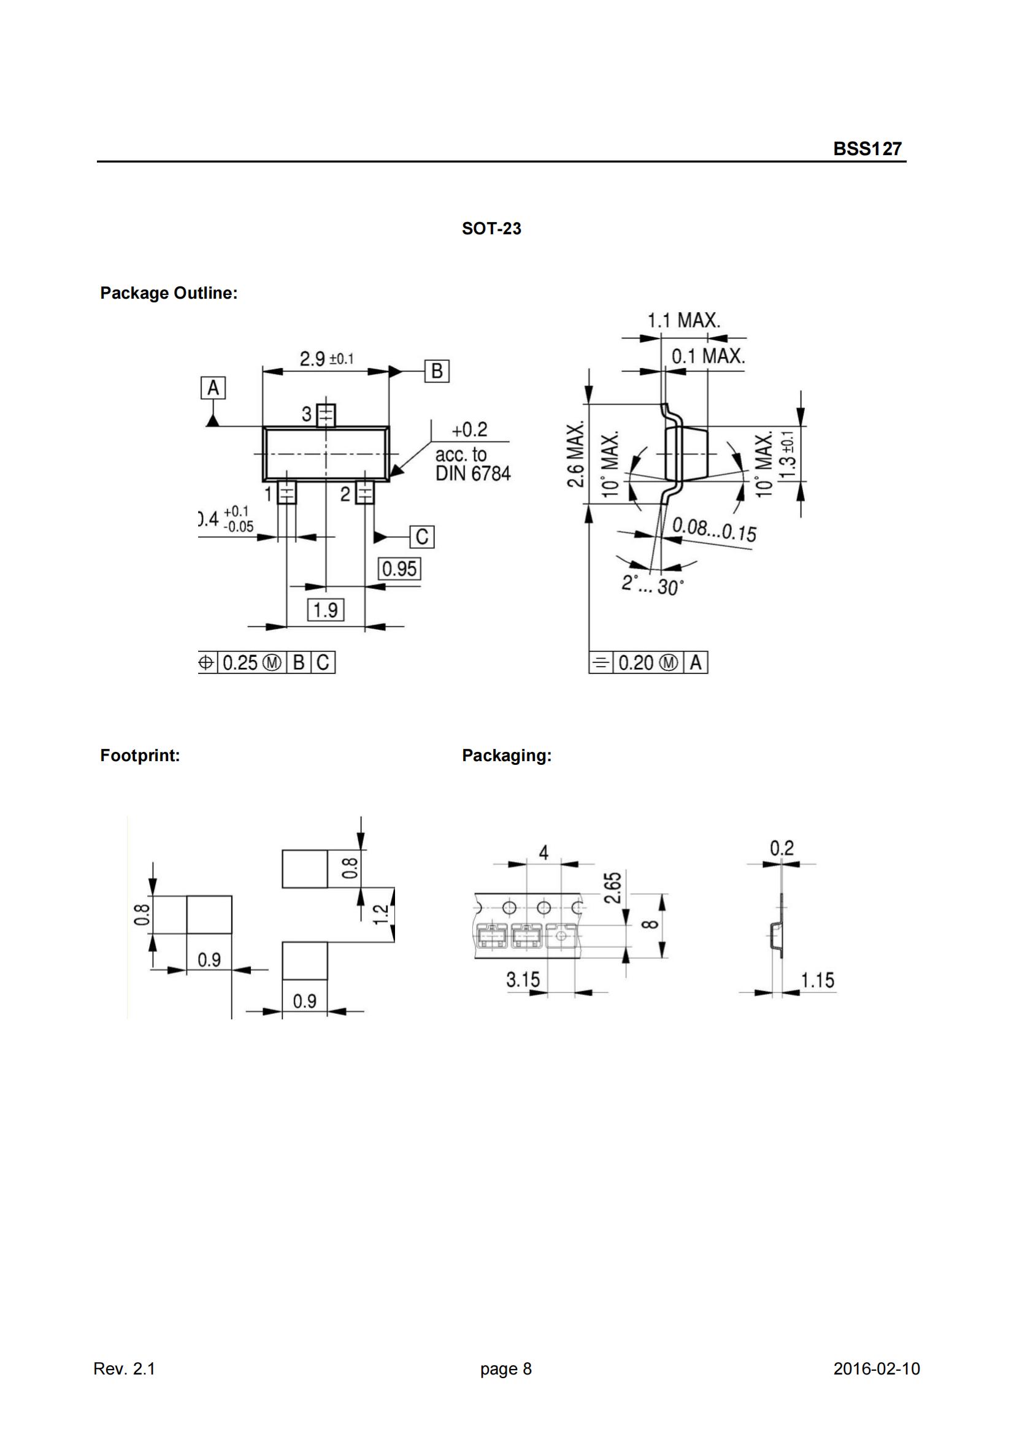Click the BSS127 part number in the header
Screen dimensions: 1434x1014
[x=867, y=148]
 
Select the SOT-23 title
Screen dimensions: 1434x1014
[x=491, y=229]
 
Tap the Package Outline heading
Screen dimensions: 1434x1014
[x=169, y=293]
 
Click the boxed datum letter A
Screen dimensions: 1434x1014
[x=213, y=388]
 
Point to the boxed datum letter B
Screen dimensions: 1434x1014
[x=437, y=371]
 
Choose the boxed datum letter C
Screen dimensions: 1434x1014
[x=421, y=537]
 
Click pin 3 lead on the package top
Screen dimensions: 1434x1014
[x=326, y=414]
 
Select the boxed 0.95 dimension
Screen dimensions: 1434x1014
[x=399, y=569]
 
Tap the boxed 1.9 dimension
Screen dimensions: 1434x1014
[x=326, y=610]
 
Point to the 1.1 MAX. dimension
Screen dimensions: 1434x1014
[x=683, y=321]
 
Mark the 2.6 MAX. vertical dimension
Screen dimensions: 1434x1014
[x=576, y=453]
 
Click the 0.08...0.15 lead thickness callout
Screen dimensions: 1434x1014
[x=714, y=531]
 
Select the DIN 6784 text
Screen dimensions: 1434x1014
[x=473, y=474]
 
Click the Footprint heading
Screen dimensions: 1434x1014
[x=140, y=756]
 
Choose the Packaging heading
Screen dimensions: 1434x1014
[x=507, y=756]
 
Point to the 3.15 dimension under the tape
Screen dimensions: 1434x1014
[x=523, y=980]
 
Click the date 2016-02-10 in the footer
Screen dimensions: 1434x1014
[x=877, y=1369]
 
